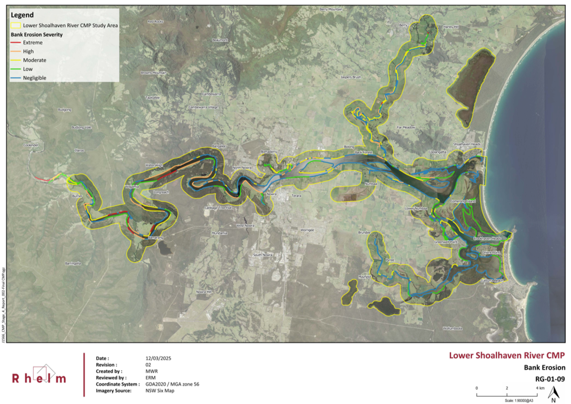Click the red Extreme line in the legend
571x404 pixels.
[x=16, y=42]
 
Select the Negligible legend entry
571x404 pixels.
[x=34, y=78]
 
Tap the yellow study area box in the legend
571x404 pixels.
[x=16, y=25]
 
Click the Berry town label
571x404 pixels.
[x=403, y=25]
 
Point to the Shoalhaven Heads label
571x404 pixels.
[x=467, y=145]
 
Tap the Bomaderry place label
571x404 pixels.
[x=269, y=152]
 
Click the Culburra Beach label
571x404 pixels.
[x=492, y=280]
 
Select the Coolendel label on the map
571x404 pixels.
[x=31, y=145]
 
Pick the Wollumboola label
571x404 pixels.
[x=452, y=329]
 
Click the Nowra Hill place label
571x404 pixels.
[x=204, y=292]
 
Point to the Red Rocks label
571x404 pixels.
[x=155, y=21]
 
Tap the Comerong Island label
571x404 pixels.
[x=463, y=201]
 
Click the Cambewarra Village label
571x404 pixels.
[x=203, y=107]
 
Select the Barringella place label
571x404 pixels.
[x=73, y=263]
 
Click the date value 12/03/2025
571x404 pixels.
[x=158, y=358]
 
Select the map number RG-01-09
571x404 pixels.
[x=550, y=379]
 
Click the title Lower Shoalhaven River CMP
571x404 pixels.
[x=507, y=356]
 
